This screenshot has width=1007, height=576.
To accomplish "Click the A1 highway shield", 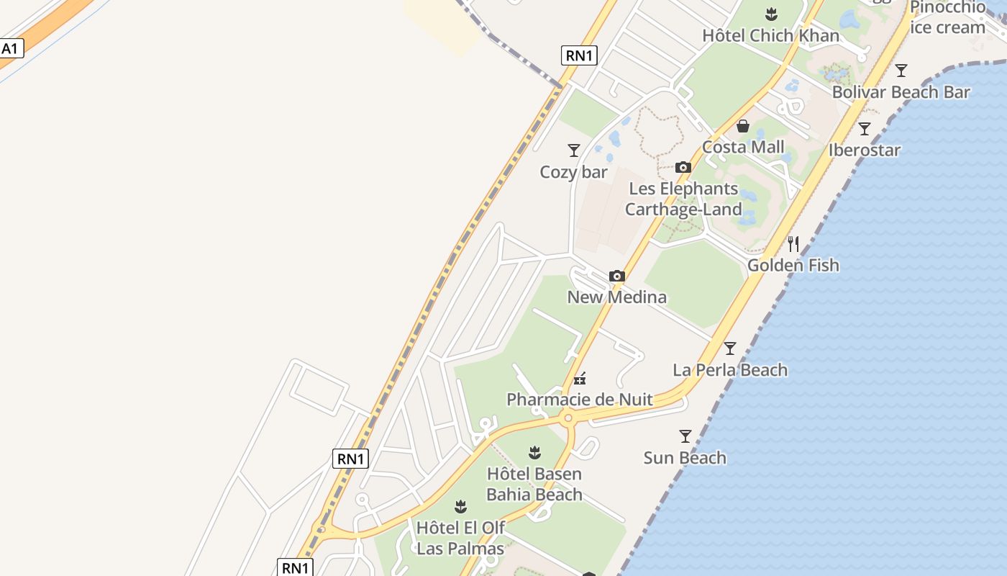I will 11,49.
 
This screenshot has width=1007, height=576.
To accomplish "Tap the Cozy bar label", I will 574,172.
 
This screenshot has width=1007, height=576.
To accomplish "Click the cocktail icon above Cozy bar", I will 574,150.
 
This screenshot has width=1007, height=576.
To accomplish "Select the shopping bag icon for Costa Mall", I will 743,127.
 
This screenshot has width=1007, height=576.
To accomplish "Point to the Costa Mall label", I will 743,147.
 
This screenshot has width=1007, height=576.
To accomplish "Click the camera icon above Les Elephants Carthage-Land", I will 683,168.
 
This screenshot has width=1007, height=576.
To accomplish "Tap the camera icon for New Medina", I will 616,276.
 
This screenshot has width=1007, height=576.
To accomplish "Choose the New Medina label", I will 616,297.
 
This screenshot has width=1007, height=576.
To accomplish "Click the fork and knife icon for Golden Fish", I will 793,244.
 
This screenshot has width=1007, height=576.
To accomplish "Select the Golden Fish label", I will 793,265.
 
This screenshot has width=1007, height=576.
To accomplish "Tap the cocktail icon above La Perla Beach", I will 730,348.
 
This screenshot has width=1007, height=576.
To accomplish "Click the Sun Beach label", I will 685,458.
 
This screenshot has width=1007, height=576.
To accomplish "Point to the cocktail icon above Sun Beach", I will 685,436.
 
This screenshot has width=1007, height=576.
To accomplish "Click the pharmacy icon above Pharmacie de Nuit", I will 580,379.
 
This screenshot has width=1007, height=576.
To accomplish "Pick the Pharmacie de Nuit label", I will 580,400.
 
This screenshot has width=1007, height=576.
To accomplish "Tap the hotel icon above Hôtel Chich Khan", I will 771,14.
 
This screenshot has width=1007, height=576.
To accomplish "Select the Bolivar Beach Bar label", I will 901,92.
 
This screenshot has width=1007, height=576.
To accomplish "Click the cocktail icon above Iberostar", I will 865,129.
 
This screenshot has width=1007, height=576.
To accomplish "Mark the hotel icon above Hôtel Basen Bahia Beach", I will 534,453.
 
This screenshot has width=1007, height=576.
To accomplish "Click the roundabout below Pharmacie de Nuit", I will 568,418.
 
